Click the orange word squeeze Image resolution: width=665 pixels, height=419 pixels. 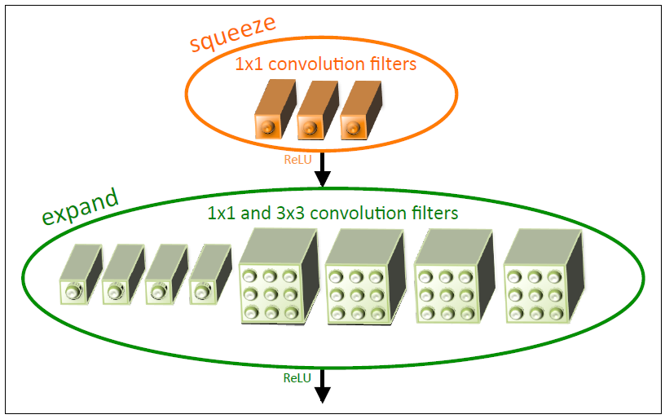pos(233,33)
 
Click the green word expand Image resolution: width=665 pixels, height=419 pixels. pos(80,207)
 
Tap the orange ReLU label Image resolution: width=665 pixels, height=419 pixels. pos(297,160)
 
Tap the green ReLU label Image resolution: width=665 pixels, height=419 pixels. pos(297,378)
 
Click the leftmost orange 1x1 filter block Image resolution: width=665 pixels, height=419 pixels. pos(270,114)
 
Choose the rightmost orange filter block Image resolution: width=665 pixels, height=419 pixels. pos(355,114)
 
